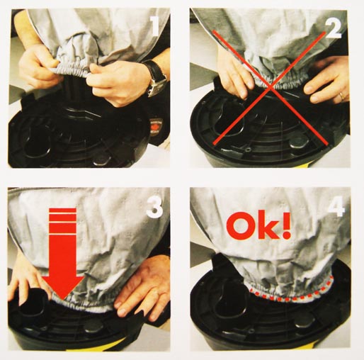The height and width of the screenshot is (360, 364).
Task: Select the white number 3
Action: point(154,208)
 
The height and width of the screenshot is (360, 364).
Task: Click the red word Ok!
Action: point(258,225)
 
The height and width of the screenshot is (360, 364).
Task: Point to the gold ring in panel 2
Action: point(341,96)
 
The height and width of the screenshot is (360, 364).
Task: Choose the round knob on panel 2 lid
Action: point(300,141)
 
